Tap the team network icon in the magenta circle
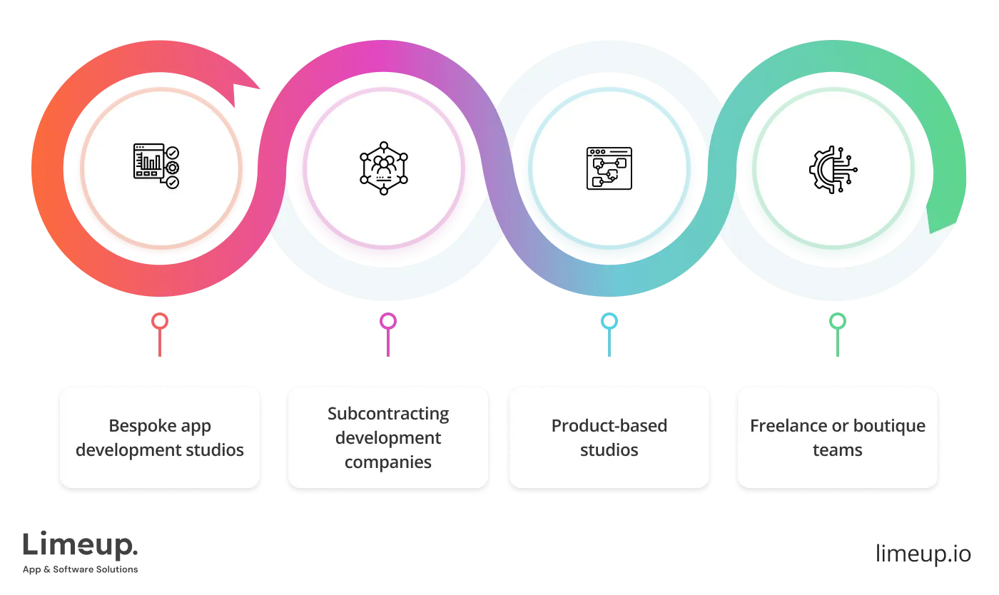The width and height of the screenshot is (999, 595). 384,168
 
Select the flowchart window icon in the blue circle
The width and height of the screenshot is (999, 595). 609,168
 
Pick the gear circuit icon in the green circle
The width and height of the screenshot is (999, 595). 833,168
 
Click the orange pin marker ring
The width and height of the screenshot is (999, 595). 160,322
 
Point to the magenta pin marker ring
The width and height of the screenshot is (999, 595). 387,322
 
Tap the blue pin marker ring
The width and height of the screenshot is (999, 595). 608,322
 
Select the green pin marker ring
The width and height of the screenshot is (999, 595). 836,322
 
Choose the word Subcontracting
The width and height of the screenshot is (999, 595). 388,414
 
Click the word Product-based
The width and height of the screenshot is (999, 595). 609,426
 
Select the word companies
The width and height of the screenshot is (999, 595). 388,462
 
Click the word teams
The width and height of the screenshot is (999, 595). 838,450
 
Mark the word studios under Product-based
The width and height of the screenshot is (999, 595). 609,450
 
